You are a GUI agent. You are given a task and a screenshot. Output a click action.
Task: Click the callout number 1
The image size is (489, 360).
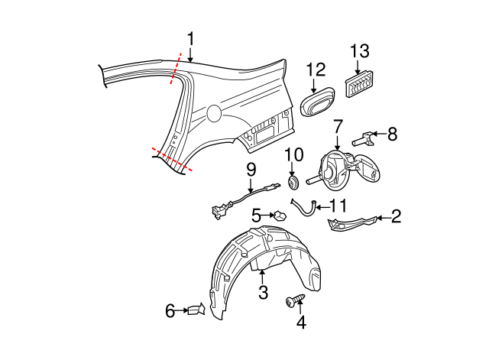(190, 38)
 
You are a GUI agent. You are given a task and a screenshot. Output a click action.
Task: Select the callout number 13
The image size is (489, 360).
(360, 52)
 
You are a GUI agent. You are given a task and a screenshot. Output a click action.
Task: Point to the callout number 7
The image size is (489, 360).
(338, 125)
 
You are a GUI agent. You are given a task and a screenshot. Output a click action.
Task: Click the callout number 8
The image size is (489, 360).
(392, 135)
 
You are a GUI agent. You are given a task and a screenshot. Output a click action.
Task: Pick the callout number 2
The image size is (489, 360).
(396, 217)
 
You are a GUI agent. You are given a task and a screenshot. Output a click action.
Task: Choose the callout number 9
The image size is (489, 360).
(250, 170)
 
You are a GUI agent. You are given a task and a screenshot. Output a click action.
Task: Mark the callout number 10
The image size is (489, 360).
(294, 156)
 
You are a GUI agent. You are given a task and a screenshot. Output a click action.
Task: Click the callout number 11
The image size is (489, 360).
(338, 206)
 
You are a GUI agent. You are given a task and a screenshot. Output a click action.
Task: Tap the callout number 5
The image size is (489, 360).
(257, 216)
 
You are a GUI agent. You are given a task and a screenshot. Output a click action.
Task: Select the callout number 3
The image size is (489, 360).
(262, 292)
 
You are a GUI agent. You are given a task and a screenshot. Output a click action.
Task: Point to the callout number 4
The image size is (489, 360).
(301, 323)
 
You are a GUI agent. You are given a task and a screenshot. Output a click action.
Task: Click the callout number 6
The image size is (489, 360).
(170, 310)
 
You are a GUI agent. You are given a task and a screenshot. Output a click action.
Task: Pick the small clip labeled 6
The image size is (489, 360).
(198, 310)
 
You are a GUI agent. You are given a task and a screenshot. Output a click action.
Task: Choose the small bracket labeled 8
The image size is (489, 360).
(364, 140)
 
